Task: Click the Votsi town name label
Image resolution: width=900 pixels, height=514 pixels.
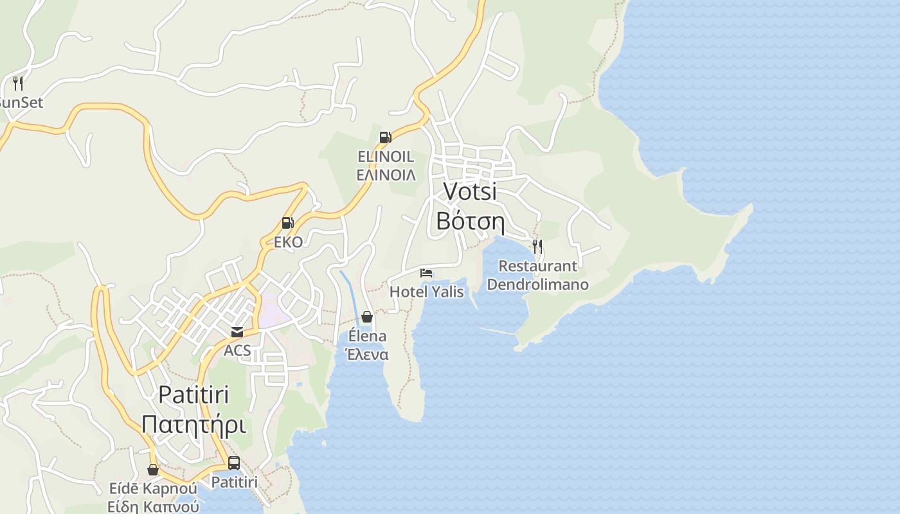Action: (x=470, y=191)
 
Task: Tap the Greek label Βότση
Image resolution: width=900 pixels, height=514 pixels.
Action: (x=470, y=220)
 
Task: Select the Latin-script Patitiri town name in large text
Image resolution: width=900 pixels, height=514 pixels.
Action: (x=194, y=394)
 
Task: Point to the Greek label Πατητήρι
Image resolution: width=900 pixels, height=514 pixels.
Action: (x=194, y=424)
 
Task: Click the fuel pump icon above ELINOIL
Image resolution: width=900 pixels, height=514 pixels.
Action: (x=386, y=137)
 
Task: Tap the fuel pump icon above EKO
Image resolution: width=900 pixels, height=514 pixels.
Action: (x=288, y=223)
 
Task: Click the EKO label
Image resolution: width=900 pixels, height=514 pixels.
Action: (x=288, y=243)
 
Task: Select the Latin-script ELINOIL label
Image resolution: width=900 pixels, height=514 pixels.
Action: (x=386, y=157)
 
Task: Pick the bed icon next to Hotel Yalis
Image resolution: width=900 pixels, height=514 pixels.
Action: (x=426, y=273)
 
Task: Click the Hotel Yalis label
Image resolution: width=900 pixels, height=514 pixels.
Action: (x=426, y=292)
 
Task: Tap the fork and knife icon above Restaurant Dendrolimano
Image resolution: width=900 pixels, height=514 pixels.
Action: (x=537, y=246)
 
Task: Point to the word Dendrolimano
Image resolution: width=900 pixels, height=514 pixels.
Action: (x=537, y=284)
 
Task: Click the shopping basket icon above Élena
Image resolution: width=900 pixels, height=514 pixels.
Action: (x=367, y=317)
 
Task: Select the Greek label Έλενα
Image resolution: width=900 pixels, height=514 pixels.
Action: (x=367, y=354)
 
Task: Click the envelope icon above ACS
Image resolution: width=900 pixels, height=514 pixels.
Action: (x=237, y=332)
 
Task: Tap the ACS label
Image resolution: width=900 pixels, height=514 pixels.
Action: (x=237, y=351)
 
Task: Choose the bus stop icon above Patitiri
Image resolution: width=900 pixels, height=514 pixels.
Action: (x=234, y=463)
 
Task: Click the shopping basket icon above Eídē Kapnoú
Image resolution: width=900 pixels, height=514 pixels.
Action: (x=153, y=470)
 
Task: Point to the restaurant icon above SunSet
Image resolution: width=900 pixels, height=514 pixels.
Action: (x=18, y=83)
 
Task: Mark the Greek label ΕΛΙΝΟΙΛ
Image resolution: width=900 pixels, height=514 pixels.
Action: (x=386, y=175)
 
